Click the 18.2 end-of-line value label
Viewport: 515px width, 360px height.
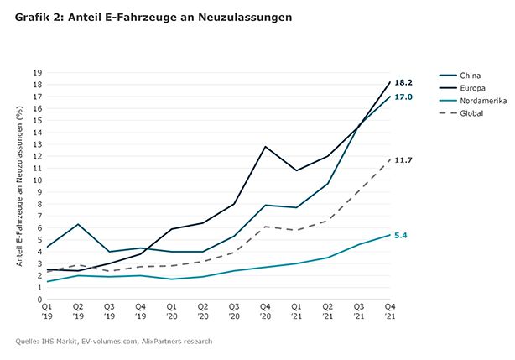[404, 82]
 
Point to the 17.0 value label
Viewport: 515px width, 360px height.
[404, 97]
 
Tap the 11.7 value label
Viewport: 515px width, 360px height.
[404, 159]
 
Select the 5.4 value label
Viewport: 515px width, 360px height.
[402, 235]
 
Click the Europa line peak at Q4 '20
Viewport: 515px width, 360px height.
[265, 147]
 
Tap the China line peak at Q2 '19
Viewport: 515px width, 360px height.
[78, 224]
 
